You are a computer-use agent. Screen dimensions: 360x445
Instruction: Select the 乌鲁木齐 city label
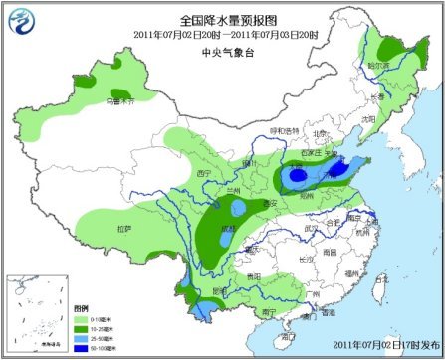click(118, 100)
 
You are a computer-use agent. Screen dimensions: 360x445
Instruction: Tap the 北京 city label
click(320, 132)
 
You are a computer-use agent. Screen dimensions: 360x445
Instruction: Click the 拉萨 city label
click(122, 229)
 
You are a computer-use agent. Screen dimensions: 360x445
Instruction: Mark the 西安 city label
click(268, 202)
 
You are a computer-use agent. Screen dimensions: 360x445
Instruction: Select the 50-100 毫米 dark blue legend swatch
click(80, 349)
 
